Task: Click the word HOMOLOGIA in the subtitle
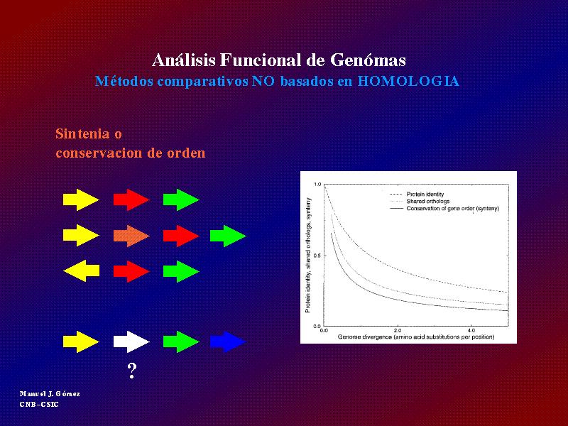(x=409, y=81)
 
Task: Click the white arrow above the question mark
(x=131, y=342)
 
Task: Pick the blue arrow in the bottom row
(x=228, y=342)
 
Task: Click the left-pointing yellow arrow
(x=81, y=271)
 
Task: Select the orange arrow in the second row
(x=131, y=236)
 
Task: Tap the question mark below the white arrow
(x=132, y=371)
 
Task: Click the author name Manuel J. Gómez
(x=50, y=394)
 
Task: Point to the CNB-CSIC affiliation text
(x=39, y=404)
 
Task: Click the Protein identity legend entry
(x=425, y=194)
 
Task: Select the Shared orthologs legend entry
(x=428, y=201)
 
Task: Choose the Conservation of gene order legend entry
(x=452, y=209)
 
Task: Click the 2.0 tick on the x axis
(x=398, y=330)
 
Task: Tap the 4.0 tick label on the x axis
(x=471, y=330)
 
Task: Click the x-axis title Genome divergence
(x=416, y=337)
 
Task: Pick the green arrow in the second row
(x=228, y=236)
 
